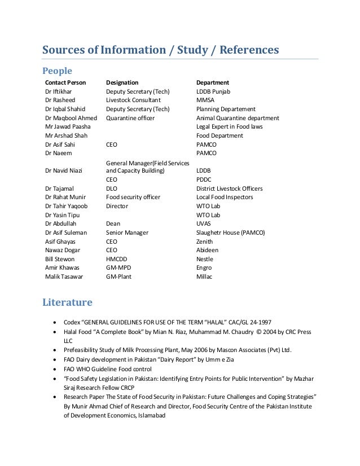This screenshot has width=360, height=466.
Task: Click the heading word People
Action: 58,71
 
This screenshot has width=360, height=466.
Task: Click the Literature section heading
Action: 67,302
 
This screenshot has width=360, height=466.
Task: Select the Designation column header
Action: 122,82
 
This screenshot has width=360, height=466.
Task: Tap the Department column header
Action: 212,82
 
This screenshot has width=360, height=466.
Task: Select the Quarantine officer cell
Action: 130,118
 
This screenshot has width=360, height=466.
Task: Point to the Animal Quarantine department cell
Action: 238,118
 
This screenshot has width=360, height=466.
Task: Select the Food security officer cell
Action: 133,197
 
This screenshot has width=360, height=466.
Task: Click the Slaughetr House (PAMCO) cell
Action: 231,232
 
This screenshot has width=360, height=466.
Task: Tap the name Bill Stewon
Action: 60,259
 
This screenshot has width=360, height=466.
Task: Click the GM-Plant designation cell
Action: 118,277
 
